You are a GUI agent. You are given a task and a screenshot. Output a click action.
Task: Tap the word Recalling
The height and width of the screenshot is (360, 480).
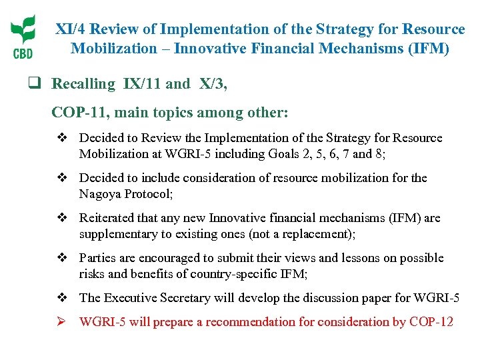coord(83,83)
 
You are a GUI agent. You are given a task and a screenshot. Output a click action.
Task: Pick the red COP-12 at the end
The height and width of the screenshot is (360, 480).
coord(431,322)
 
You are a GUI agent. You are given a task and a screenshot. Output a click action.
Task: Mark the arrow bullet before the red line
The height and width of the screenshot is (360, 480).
coord(61,322)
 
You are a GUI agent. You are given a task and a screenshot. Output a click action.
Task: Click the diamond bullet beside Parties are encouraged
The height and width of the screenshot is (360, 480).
coord(61,258)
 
